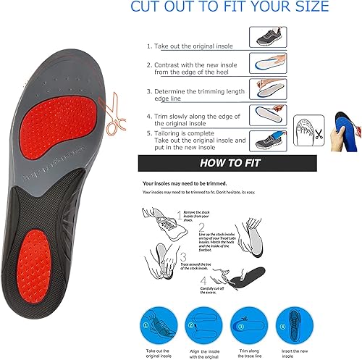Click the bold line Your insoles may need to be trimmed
tap(196, 184)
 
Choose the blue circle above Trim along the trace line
tap(245, 320)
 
